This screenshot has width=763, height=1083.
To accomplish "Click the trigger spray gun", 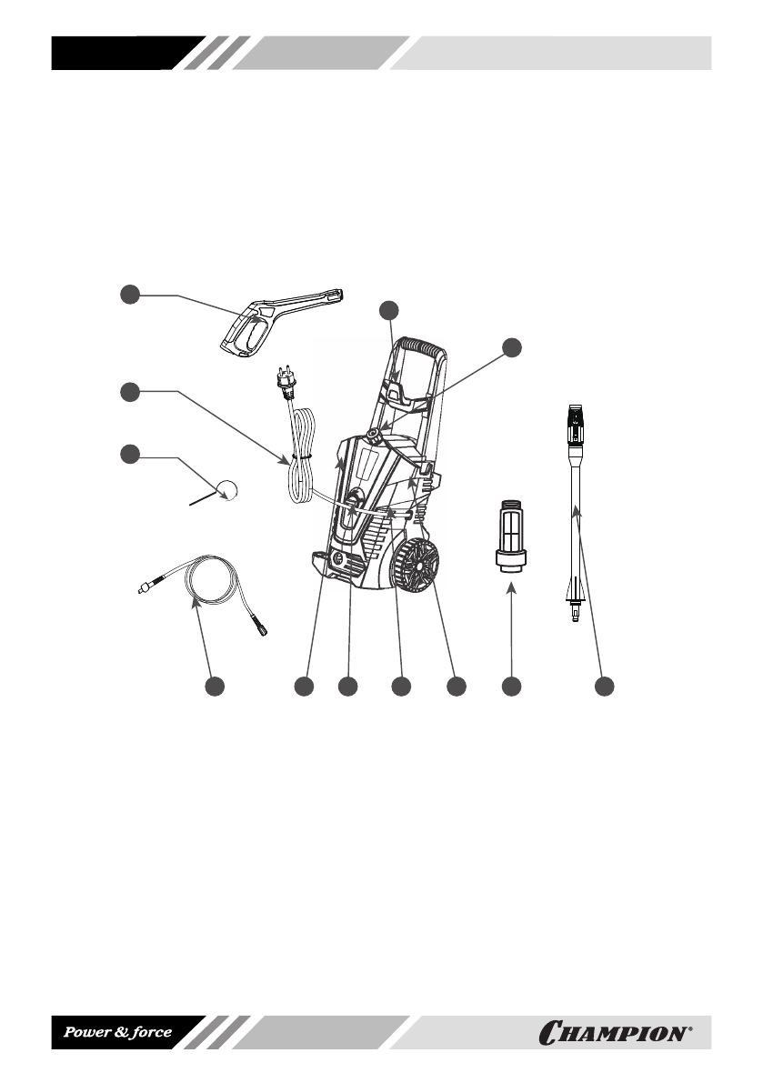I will [x=273, y=318].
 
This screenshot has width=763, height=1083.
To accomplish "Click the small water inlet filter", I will [x=512, y=536].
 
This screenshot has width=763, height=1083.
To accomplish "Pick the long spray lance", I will [x=577, y=509].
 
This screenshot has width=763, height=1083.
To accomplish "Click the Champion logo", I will [x=616, y=1034].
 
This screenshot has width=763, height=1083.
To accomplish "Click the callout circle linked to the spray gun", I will [x=131, y=295].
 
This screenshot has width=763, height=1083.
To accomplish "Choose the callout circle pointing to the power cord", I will [x=131, y=392].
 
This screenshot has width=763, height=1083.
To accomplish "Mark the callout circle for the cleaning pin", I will [x=131, y=455].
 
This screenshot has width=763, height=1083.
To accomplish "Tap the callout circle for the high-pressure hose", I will [x=215, y=687].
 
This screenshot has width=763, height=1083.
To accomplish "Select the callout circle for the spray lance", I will [x=604, y=687].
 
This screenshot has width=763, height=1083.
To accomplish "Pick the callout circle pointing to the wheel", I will [x=457, y=687].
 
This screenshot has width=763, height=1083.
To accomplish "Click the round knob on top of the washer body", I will [x=375, y=425].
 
